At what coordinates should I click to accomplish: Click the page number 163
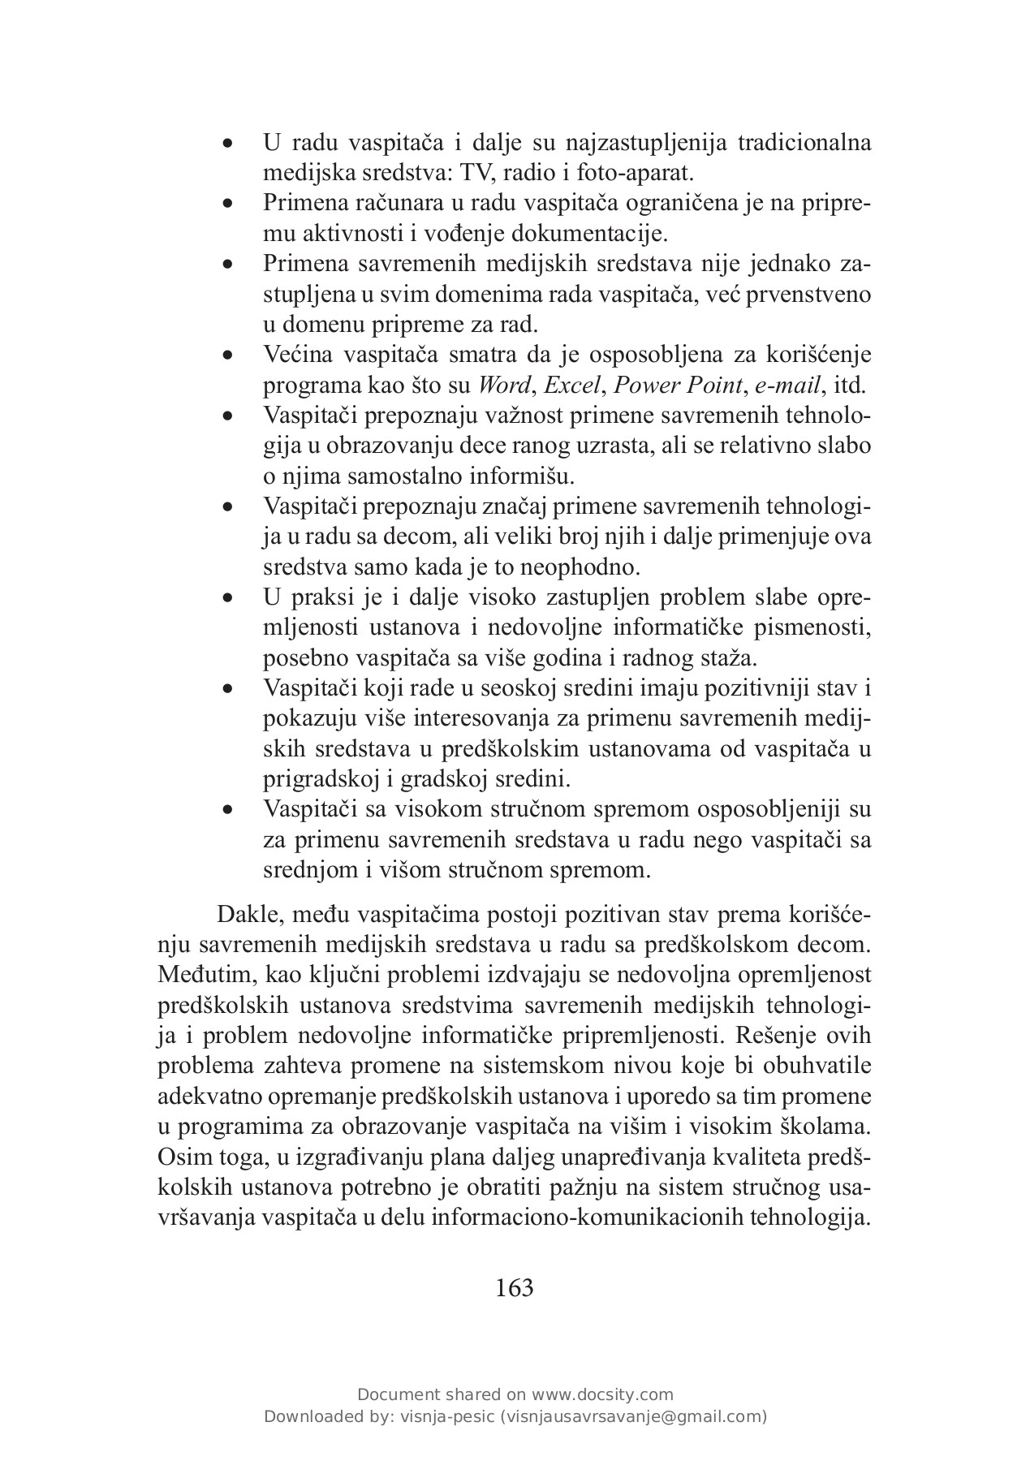tap(514, 1287)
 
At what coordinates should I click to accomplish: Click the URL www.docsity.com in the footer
tap(602, 1394)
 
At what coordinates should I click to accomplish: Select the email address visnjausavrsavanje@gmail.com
tap(635, 1417)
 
